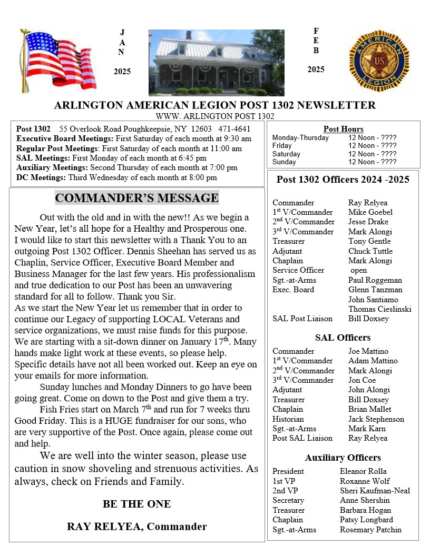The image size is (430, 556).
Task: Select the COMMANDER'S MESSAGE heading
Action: (136, 198)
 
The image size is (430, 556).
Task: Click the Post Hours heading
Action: (343, 129)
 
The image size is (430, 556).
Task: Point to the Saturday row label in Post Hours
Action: (286, 154)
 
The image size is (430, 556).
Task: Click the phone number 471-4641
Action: (234, 129)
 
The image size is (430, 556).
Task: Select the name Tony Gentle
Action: (369, 241)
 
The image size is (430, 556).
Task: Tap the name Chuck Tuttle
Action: (370, 251)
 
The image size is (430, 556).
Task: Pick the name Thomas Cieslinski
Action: (379, 309)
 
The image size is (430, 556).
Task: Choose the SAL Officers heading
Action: (343, 337)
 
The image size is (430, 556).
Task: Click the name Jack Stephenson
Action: (376, 419)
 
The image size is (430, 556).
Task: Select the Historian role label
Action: (288, 419)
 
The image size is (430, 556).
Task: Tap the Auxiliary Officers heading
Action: (343, 458)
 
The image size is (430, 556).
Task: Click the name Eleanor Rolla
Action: (363, 471)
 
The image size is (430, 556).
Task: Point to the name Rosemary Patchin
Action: (370, 530)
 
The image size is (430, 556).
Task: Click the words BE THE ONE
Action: (136, 504)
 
